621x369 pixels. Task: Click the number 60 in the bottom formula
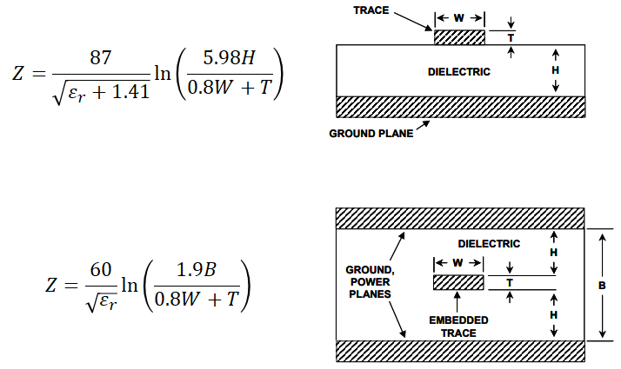coord(101,270)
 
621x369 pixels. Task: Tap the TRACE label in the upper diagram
coord(371,10)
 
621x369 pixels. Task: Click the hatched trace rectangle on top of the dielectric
coord(459,37)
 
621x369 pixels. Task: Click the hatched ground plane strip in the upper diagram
coord(459,107)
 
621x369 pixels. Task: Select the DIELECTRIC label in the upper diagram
coord(459,71)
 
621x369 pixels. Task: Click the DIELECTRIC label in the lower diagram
coord(489,244)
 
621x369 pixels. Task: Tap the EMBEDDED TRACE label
coord(458,326)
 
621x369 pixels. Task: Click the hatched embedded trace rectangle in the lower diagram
coord(458,283)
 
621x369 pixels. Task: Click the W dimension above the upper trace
coord(459,17)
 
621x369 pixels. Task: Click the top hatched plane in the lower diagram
coord(459,217)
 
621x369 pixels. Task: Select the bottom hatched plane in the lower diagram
coord(459,351)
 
